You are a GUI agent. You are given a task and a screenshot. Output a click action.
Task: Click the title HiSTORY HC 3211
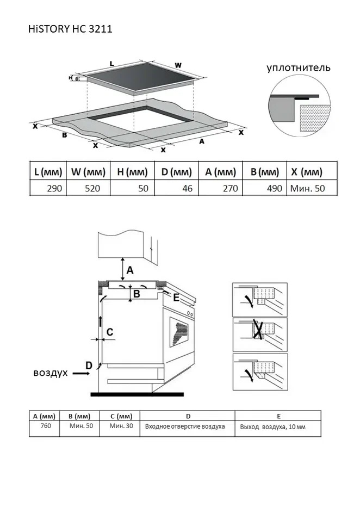click(70, 29)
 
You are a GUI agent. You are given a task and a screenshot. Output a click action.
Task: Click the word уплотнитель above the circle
click(299, 67)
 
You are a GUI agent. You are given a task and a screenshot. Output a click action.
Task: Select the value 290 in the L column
click(54, 188)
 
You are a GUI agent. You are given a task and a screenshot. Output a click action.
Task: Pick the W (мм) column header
click(88, 172)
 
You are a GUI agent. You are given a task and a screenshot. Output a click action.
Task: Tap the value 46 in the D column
click(187, 188)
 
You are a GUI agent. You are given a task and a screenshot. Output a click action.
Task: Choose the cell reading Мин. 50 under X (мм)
click(307, 188)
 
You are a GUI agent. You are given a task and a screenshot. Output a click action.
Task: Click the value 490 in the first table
click(275, 188)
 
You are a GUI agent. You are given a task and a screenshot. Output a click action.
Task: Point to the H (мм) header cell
click(132, 172)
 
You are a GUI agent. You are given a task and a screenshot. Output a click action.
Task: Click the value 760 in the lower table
click(46, 425)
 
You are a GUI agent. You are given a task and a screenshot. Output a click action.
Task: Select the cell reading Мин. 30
click(121, 425)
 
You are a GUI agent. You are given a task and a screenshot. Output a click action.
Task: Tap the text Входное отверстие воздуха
click(185, 426)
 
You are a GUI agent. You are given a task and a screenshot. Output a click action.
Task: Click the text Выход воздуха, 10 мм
click(273, 427)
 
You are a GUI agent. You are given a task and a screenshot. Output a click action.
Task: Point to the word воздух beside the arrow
click(51, 373)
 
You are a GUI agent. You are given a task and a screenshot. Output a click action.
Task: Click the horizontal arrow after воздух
click(81, 374)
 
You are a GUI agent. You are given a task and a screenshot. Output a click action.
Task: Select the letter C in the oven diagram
click(110, 332)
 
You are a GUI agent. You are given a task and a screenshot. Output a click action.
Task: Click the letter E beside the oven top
click(176, 298)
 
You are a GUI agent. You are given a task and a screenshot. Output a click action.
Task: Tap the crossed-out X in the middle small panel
click(259, 329)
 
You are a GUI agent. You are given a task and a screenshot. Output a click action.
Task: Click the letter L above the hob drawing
click(111, 63)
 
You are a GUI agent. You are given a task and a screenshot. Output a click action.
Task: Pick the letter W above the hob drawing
click(178, 65)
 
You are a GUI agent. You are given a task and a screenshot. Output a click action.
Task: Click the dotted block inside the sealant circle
click(315, 118)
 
